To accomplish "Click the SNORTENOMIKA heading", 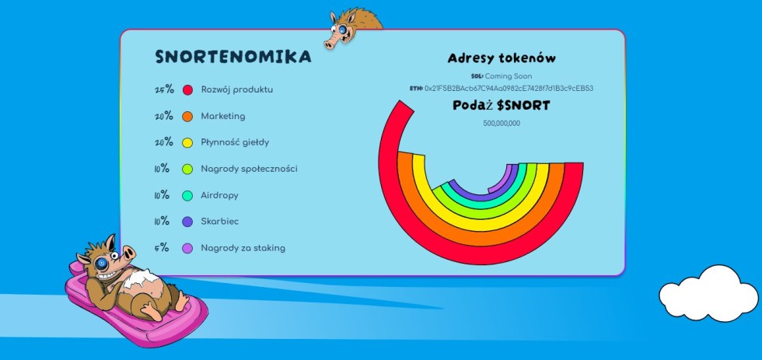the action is pyautogui.click(x=233, y=57).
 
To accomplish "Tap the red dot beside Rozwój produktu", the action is pyautogui.click(x=187, y=90).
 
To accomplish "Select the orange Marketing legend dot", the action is pyautogui.click(x=187, y=117).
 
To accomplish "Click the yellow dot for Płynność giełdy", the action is pyautogui.click(x=187, y=143).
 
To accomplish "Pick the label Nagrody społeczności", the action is pyautogui.click(x=250, y=169).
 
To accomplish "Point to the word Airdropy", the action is pyautogui.click(x=219, y=196).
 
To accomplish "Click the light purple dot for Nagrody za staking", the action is pyautogui.click(x=187, y=248).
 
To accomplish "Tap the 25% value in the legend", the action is pyautogui.click(x=164, y=89).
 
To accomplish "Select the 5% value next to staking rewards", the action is pyautogui.click(x=162, y=248).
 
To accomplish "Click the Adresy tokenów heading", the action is pyautogui.click(x=502, y=58).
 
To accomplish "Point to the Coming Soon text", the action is pyautogui.click(x=509, y=76).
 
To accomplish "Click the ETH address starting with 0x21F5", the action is pyautogui.click(x=509, y=89).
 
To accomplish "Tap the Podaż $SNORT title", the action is pyautogui.click(x=502, y=106).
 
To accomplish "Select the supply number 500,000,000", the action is pyautogui.click(x=502, y=124).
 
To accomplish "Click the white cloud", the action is pyautogui.click(x=708, y=293).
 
